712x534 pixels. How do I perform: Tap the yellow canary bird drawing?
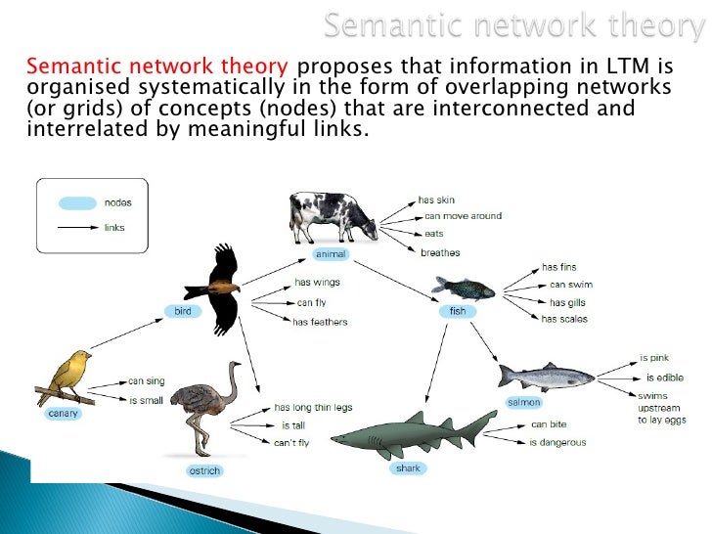click(68, 377)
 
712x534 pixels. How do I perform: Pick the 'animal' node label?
click(330, 254)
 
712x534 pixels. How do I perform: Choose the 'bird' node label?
click(183, 311)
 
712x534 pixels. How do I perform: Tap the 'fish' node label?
click(458, 311)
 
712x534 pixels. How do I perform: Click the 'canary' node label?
click(63, 413)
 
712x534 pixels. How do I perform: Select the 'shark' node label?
click(408, 468)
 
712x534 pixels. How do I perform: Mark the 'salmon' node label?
click(523, 402)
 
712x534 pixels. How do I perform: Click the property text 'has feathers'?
click(321, 322)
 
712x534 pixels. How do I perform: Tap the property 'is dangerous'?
click(557, 443)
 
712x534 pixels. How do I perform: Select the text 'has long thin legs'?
click(313, 408)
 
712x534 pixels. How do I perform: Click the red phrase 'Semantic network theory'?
click(157, 67)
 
